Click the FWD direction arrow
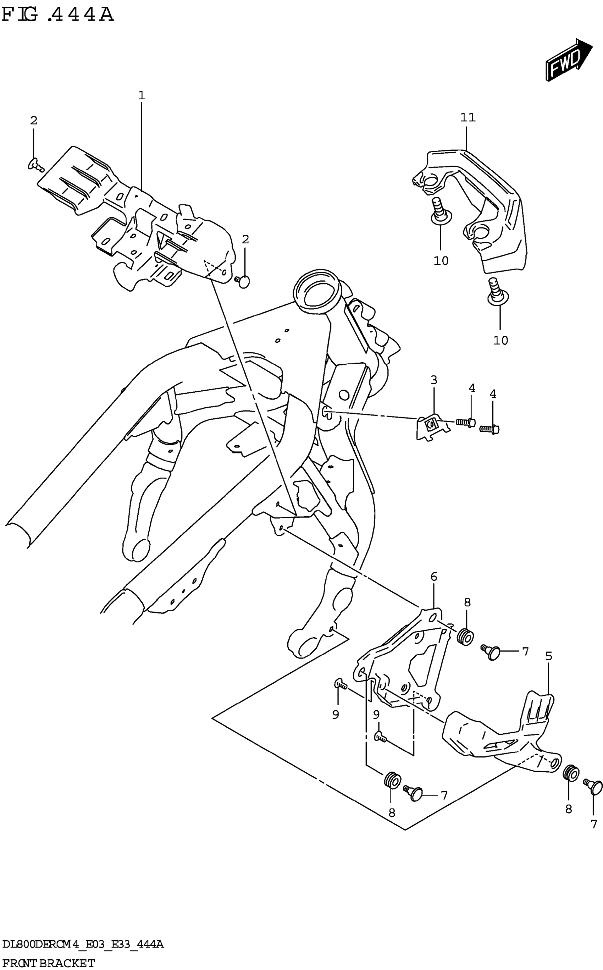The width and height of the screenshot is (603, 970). [x=568, y=60]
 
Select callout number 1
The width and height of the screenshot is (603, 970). [x=142, y=95]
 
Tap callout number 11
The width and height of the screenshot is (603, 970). [x=468, y=117]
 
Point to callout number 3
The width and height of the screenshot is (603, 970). [x=433, y=380]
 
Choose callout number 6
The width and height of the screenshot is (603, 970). [x=433, y=576]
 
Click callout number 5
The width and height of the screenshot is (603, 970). [x=549, y=656]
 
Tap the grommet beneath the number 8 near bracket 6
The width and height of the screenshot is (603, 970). [x=465, y=636]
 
